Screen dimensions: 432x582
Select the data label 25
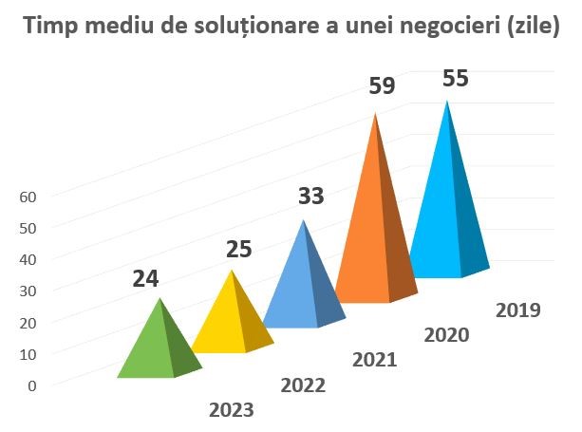[238, 250]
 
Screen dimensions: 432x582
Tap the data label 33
[311, 197]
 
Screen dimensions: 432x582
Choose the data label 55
[456, 78]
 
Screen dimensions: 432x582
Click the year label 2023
[232, 410]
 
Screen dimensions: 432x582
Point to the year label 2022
[303, 385]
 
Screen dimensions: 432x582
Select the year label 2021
[374, 360]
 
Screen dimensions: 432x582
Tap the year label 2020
[446, 334]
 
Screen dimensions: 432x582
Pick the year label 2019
[518, 310]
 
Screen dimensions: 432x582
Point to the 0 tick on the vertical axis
[31, 385]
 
